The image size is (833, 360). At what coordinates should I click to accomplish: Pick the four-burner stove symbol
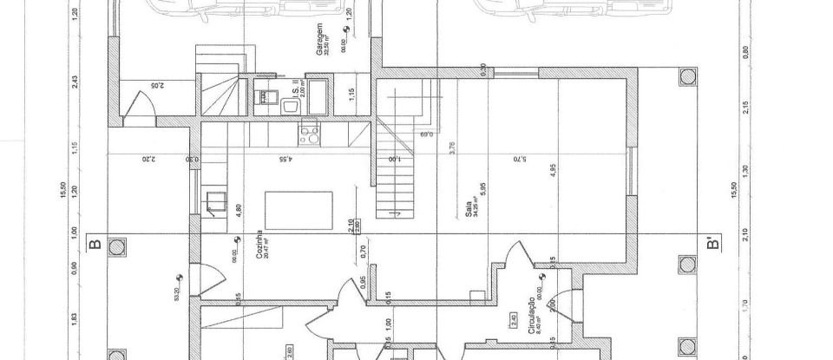click(x=308, y=134)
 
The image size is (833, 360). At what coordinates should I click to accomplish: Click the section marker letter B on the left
click(x=95, y=244)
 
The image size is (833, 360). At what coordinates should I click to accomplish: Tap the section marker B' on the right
click(x=713, y=244)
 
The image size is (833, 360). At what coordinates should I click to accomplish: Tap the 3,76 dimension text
click(x=452, y=148)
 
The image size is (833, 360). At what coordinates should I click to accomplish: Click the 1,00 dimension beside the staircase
click(x=393, y=160)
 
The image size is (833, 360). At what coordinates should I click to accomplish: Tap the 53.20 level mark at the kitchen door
click(x=178, y=295)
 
